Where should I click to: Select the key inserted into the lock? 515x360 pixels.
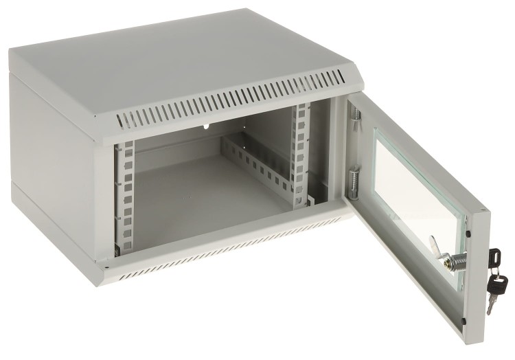[x=494, y=258]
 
